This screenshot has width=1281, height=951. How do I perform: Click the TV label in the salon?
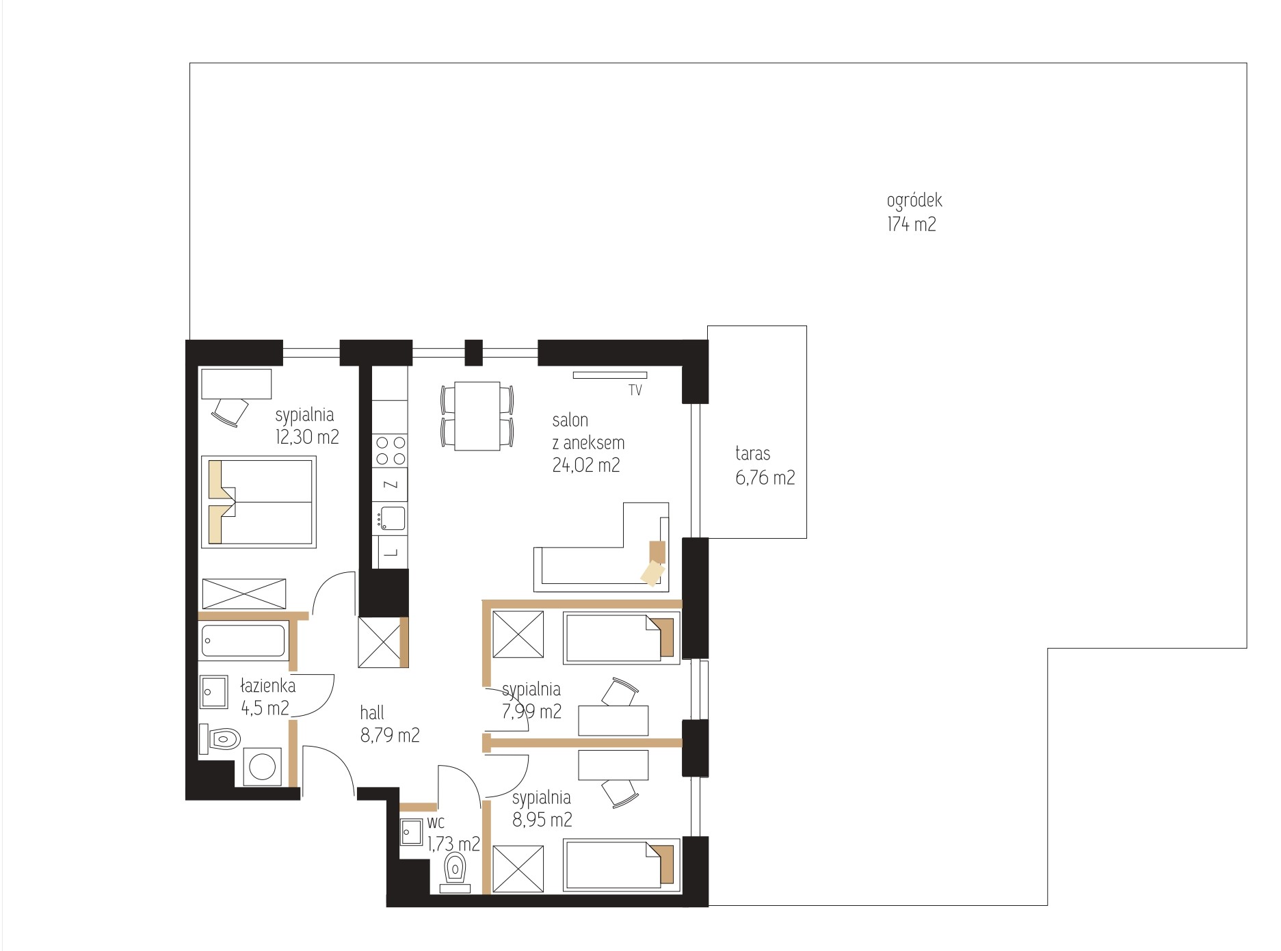(x=635, y=391)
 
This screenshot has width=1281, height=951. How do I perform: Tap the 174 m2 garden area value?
(x=912, y=224)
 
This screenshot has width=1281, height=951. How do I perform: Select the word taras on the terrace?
(x=752, y=453)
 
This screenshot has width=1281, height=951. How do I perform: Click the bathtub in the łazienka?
(x=243, y=641)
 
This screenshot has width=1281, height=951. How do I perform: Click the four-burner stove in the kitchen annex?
(x=390, y=450)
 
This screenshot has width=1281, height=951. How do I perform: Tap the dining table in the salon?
(x=477, y=416)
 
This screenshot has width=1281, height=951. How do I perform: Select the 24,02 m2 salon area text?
(x=585, y=466)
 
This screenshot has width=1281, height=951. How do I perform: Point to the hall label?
(x=372, y=713)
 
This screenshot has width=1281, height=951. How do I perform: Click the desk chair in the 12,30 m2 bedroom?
(x=230, y=412)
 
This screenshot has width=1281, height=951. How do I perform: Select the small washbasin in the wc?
(x=412, y=832)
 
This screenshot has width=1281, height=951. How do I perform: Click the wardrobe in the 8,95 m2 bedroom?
(x=518, y=869)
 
